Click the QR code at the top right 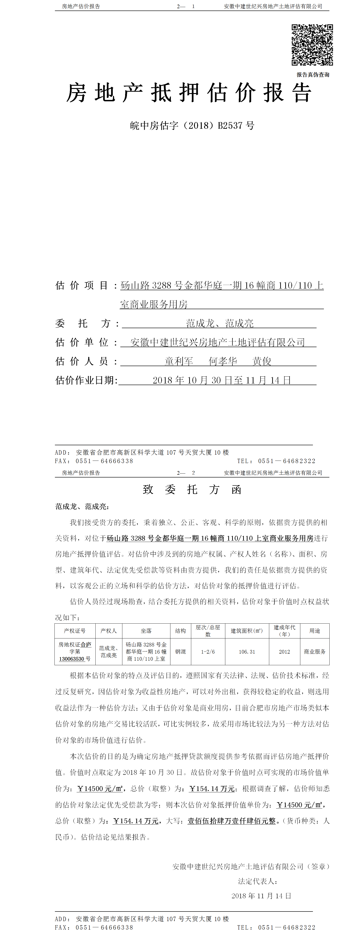[x=312, y=45]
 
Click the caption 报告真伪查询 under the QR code [x=313, y=75]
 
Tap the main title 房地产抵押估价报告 [x=189, y=93]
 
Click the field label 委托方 [x=87, y=323]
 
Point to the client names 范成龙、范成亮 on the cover [x=220, y=323]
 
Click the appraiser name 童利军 [x=179, y=361]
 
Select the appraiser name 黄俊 [x=262, y=361]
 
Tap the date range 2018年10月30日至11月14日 [x=221, y=380]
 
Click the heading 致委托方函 [x=192, y=490]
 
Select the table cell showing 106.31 [x=247, y=651]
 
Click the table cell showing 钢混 [x=180, y=651]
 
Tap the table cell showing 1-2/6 [x=208, y=651]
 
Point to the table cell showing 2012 [x=284, y=651]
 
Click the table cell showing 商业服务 [x=315, y=651]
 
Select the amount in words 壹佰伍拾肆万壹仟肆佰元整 [x=231, y=821]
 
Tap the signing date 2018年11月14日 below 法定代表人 [x=261, y=896]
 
